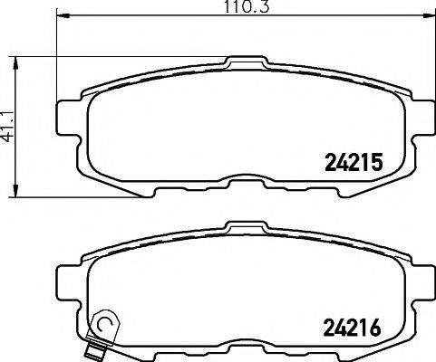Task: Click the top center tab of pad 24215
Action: click(239, 63)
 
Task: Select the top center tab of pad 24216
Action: click(239, 227)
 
